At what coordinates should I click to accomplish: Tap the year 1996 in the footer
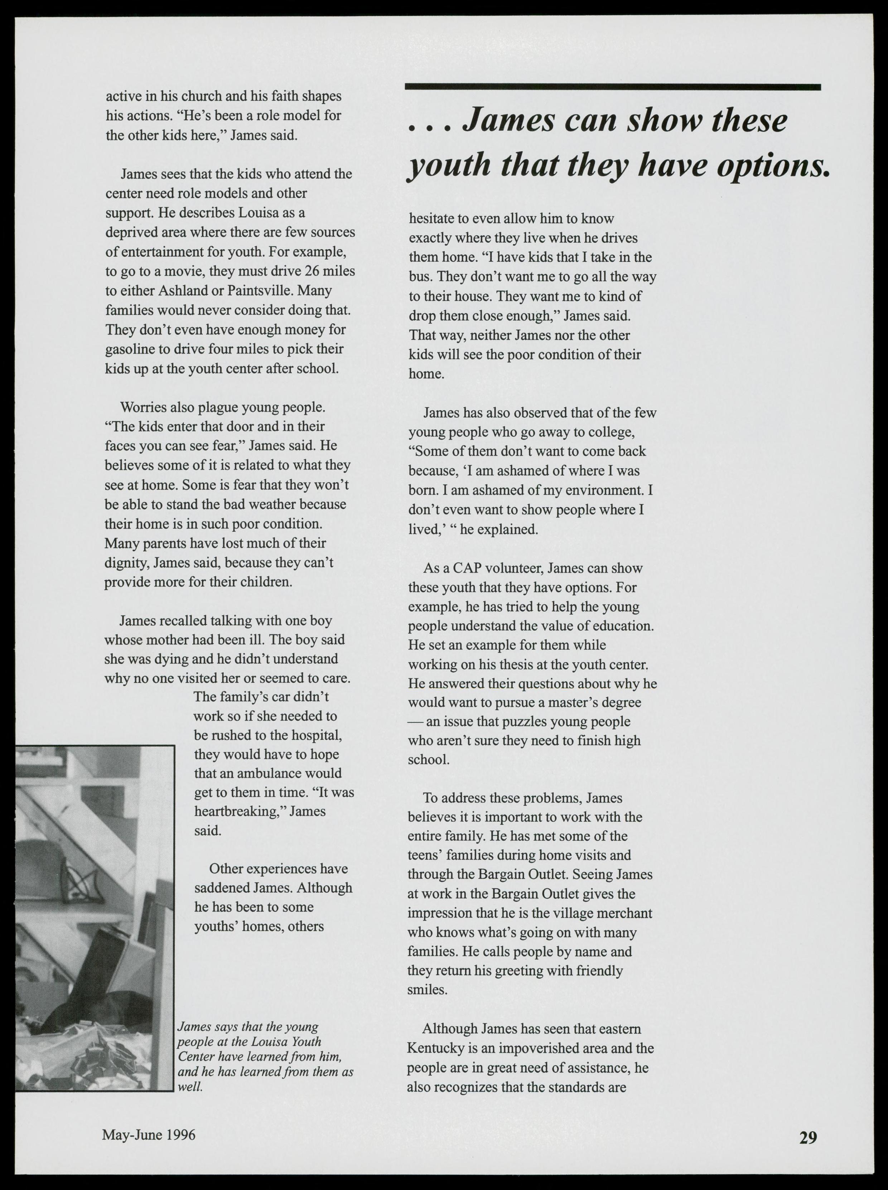coord(180,1135)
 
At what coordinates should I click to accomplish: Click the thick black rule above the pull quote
coord(612,87)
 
